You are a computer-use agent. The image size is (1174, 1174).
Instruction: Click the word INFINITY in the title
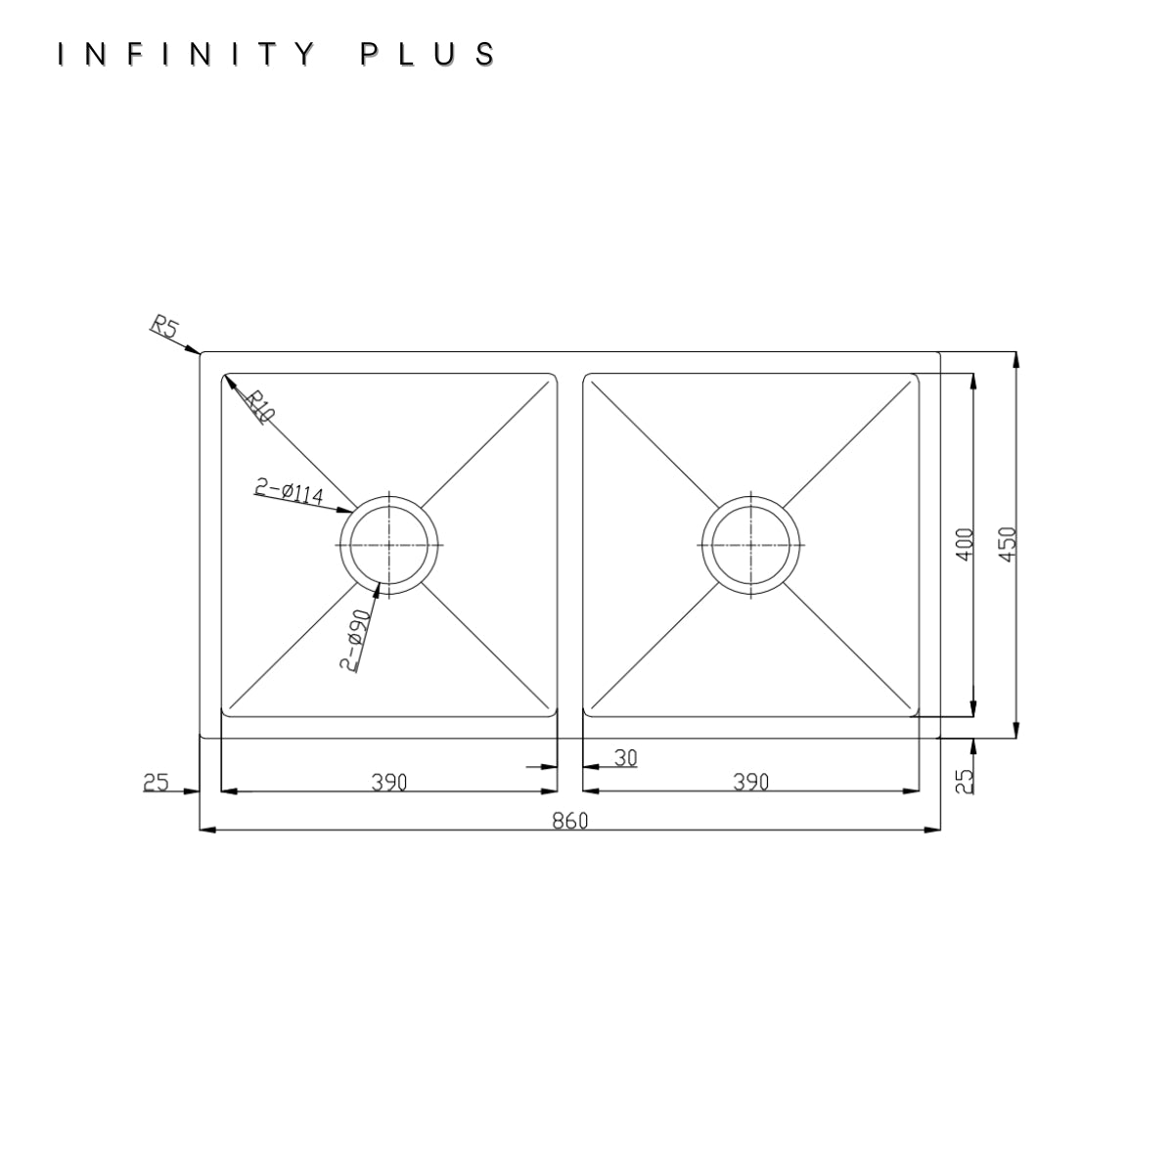(x=187, y=54)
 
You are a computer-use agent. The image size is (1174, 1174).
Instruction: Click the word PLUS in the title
(x=428, y=54)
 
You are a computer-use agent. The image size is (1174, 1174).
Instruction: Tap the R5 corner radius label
(x=164, y=326)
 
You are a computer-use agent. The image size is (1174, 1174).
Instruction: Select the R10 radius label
(x=260, y=406)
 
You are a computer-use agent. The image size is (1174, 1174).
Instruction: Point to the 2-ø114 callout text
(x=289, y=492)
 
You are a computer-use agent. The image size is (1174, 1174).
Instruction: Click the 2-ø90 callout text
(x=355, y=640)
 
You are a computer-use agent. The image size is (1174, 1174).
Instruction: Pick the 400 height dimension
(x=965, y=545)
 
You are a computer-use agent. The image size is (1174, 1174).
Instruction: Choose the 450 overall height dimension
(x=1008, y=545)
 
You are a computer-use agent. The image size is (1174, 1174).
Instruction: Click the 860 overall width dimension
(x=570, y=821)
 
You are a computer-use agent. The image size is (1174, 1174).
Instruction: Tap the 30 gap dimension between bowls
(x=626, y=758)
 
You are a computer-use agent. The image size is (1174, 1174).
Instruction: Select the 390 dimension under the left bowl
(x=389, y=783)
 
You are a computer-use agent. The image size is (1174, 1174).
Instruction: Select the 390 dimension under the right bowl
(x=751, y=783)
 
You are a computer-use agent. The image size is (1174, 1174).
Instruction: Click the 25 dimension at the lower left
(x=156, y=783)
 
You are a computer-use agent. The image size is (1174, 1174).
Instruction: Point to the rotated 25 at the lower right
(x=965, y=782)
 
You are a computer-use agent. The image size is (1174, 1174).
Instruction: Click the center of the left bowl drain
(x=389, y=545)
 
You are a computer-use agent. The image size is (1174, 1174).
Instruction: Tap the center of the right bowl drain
(x=750, y=545)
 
